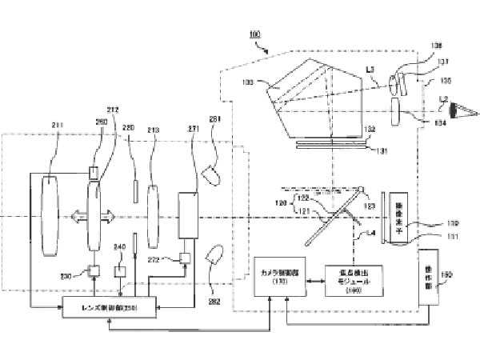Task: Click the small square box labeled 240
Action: tap(121, 271)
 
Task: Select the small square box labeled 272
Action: tap(186, 258)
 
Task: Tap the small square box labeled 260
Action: tap(94, 173)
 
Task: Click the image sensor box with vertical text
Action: tap(398, 215)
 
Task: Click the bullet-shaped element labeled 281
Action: tap(212, 172)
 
